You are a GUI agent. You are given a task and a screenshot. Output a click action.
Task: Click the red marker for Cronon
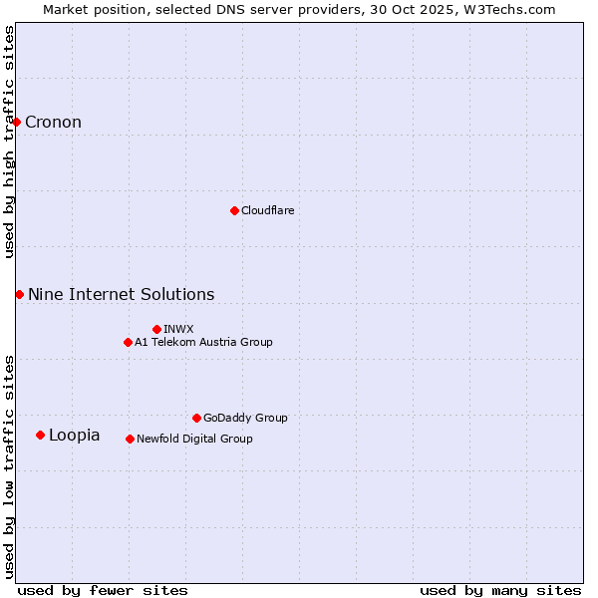(x=17, y=123)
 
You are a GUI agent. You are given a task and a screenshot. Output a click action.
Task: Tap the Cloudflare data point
(x=234, y=210)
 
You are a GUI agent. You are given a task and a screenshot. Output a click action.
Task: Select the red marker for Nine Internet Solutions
(x=20, y=294)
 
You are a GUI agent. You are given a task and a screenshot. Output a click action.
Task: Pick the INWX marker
(x=156, y=329)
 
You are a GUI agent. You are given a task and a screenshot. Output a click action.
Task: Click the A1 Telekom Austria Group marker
(x=128, y=342)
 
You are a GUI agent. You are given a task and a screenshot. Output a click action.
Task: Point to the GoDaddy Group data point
(x=196, y=418)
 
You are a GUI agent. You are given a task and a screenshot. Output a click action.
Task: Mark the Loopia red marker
(x=40, y=435)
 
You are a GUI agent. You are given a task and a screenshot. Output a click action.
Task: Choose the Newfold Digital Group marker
(x=131, y=439)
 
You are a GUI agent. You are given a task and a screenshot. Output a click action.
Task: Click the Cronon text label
(x=53, y=123)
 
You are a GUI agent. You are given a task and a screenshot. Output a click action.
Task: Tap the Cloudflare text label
(x=267, y=210)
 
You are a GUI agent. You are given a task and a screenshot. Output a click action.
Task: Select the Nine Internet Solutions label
(x=121, y=294)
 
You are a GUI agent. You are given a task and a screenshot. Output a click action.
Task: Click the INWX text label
(x=178, y=329)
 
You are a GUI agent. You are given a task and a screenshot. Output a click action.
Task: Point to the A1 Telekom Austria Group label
(x=203, y=342)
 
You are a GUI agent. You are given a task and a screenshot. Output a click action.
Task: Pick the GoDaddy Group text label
(x=245, y=418)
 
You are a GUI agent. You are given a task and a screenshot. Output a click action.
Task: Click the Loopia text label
(x=74, y=435)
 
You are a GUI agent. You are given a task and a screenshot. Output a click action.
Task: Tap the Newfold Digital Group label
(x=194, y=439)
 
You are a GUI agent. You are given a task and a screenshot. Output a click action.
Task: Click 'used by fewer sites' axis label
(x=103, y=590)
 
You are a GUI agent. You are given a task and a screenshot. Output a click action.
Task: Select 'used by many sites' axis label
(x=500, y=590)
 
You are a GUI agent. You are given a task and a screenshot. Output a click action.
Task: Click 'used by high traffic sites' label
(x=9, y=142)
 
